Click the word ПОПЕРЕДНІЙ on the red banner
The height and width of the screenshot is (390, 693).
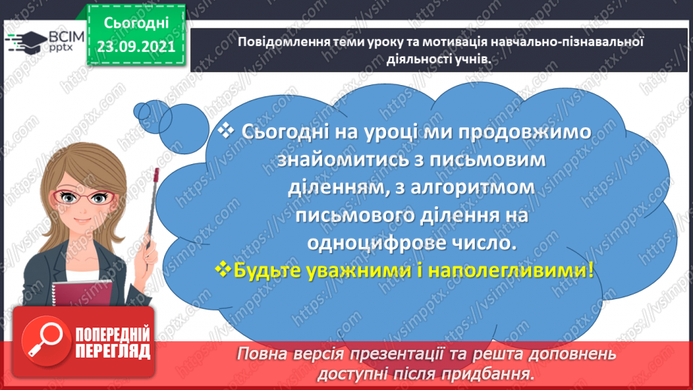click(x=112, y=334)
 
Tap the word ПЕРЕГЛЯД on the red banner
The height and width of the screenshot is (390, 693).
click(x=112, y=351)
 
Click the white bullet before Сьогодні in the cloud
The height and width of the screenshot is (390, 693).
click(x=226, y=129)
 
